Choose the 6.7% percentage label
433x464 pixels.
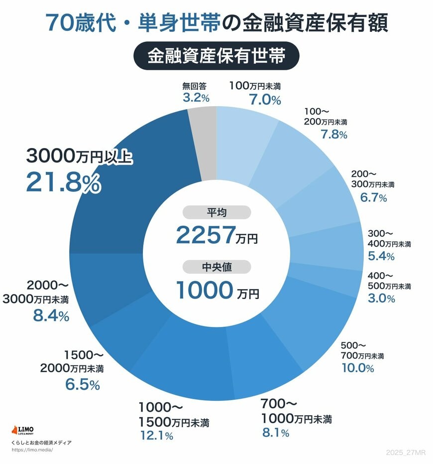(373, 197)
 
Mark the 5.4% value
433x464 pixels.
(381, 257)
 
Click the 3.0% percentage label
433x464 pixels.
(381, 299)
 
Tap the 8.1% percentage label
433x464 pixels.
(275, 433)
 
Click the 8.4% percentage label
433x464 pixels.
(51, 316)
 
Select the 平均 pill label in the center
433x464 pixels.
(216, 213)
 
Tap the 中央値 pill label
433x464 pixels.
(216, 267)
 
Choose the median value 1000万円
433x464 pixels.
(216, 291)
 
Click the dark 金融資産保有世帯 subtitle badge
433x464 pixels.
(216, 56)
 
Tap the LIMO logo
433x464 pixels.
(23, 430)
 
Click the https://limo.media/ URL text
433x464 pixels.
(31, 450)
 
